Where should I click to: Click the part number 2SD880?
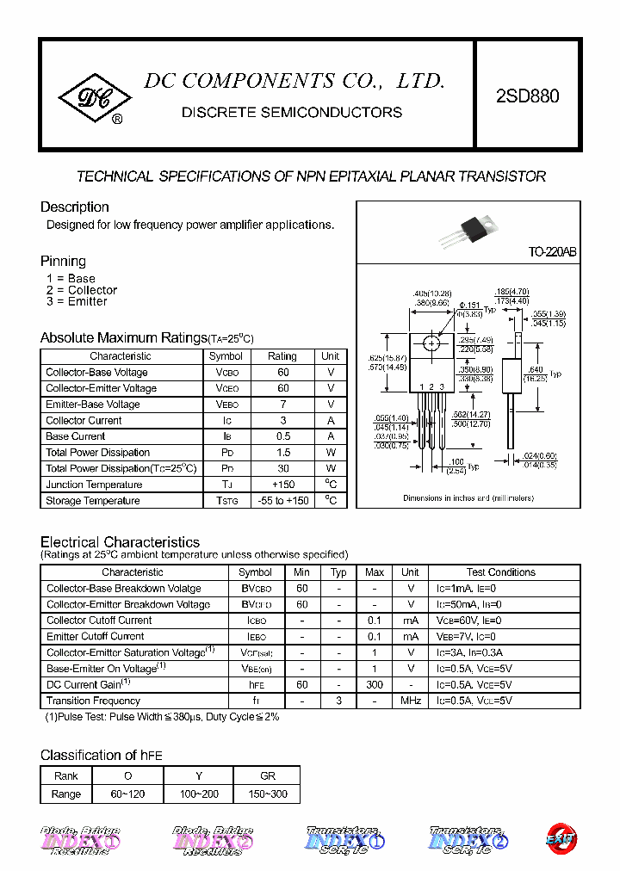[x=527, y=96]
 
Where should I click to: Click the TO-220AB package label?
[x=552, y=252]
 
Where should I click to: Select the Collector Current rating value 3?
[x=282, y=420]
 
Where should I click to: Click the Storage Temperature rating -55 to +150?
[x=282, y=500]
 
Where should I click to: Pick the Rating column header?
[x=282, y=356]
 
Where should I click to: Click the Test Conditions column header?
[x=500, y=572]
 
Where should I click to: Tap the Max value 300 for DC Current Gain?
[x=375, y=684]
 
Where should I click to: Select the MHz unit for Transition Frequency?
[x=411, y=701]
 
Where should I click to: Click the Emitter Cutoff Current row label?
[x=96, y=636]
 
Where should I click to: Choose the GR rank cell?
[x=267, y=775]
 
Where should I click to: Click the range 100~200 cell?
[x=198, y=794]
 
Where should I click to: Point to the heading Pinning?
[x=63, y=261]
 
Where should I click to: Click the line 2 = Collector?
[x=81, y=290]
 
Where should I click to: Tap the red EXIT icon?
[x=561, y=837]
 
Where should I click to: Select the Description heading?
[x=75, y=207]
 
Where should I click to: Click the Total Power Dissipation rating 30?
[x=282, y=468]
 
